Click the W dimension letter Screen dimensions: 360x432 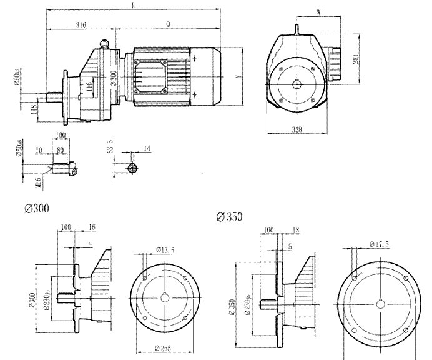[x=319, y=11]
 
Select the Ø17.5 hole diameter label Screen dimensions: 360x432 [x=379, y=244]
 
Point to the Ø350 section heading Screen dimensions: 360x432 [x=229, y=217]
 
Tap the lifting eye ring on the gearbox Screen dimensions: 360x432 [x=106, y=41]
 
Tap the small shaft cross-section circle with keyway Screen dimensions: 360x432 [x=131, y=167]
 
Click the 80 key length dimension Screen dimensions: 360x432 [x=60, y=151]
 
